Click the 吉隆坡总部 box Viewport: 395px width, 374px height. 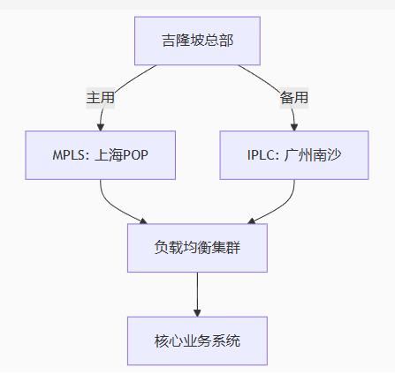coord(197,41)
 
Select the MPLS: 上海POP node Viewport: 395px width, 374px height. coord(101,156)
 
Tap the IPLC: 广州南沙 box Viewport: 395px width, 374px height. coord(294,156)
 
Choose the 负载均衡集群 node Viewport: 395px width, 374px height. coord(197,248)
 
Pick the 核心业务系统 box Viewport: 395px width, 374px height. coord(197,340)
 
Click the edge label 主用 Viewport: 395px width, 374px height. coord(101,98)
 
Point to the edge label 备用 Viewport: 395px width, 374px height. coord(294,98)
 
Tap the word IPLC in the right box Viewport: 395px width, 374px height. coord(263,156)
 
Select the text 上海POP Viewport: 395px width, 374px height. coord(120,156)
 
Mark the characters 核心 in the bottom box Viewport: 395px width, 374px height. coord(167,340)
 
